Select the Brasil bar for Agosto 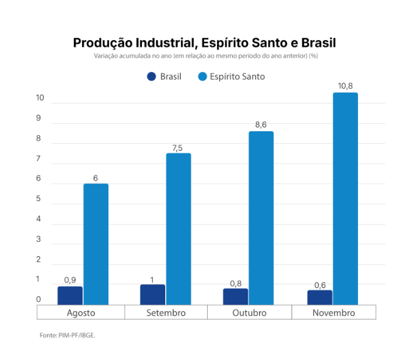[x=70, y=295]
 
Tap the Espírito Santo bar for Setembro [x=178, y=229]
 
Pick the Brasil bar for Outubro [x=235, y=296]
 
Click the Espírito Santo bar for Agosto [x=96, y=244]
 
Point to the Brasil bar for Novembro [x=320, y=297]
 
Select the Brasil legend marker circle [x=151, y=77]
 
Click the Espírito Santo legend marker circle [x=201, y=77]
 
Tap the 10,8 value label [x=345, y=86]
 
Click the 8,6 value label [x=260, y=124]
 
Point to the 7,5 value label [x=178, y=147]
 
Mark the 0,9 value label [x=70, y=280]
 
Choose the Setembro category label [x=166, y=312]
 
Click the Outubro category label [x=248, y=312]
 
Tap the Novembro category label [x=333, y=312]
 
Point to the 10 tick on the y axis [x=40, y=97]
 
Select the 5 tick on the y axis [x=38, y=199]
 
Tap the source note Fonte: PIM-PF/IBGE [x=68, y=336]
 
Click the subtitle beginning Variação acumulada [x=206, y=56]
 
